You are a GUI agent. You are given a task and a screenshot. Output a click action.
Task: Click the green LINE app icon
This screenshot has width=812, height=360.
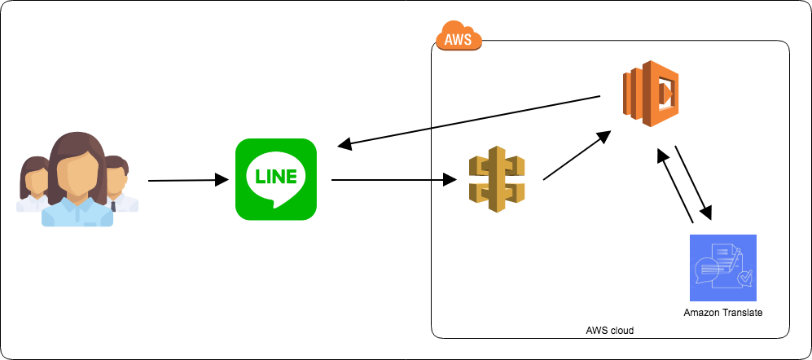275,179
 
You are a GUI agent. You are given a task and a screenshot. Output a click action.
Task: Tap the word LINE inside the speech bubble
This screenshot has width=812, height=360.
275,176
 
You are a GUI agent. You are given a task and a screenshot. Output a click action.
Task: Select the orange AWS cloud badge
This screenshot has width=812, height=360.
459,37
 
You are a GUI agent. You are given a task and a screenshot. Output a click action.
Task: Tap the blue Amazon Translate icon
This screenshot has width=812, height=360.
722,268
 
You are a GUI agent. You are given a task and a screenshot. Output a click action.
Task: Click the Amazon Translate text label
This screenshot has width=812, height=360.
722,313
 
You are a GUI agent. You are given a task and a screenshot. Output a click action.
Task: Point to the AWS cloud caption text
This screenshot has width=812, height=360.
609,331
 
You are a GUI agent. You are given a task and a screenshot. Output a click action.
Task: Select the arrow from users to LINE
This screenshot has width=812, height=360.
187,180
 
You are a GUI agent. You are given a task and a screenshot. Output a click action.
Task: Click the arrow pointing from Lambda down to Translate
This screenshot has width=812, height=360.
693,183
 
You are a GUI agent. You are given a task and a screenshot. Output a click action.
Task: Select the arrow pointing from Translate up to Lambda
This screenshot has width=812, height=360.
676,186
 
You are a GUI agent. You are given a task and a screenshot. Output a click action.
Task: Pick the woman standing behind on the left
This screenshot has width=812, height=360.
34,183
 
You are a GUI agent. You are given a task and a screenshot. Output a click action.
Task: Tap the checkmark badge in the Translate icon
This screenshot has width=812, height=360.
744,279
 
